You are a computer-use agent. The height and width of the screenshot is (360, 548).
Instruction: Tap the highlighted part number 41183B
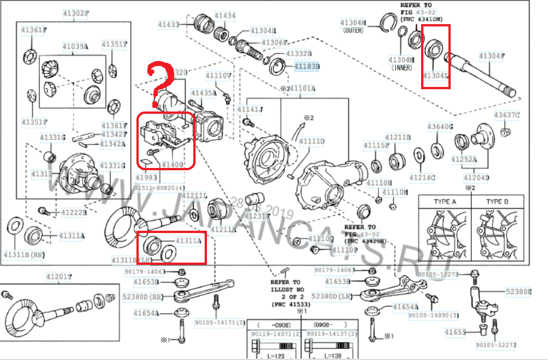pyautogui.click(x=307, y=66)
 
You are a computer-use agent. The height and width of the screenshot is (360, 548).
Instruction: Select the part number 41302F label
pyautogui.click(x=75, y=13)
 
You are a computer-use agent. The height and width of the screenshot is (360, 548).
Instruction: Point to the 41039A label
pyautogui.click(x=75, y=46)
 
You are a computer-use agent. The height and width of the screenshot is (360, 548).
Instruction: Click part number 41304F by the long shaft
pyautogui.click(x=492, y=56)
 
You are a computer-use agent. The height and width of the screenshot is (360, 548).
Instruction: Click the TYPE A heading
pyautogui.click(x=444, y=202)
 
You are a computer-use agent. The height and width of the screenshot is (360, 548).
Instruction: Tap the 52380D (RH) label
pyautogui.click(x=142, y=297)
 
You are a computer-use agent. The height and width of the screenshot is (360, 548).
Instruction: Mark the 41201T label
pyautogui.click(x=59, y=277)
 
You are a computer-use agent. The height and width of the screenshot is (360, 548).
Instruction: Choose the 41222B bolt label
pyautogui.click(x=74, y=212)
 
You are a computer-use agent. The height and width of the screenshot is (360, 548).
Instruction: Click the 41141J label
pyautogui.click(x=250, y=110)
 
